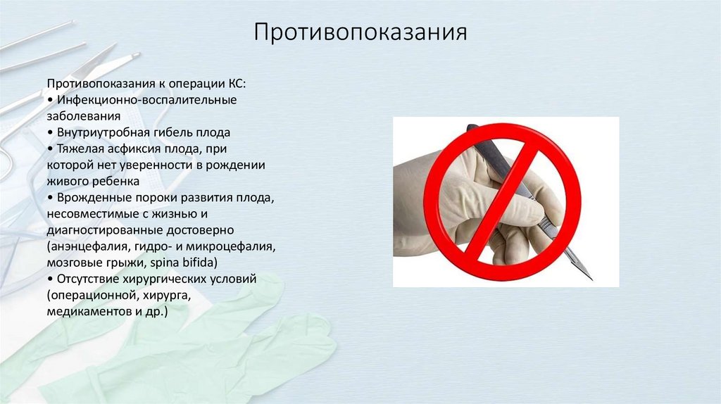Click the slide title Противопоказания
pyautogui.click(x=360, y=33)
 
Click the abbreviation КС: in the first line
pyautogui.click(x=234, y=84)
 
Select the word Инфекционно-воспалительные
pyautogui.click(x=147, y=100)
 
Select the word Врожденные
pyautogui.click(x=88, y=196)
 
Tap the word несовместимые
pyautogui.click(x=95, y=213)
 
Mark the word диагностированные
pyautogui.click(x=105, y=230)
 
